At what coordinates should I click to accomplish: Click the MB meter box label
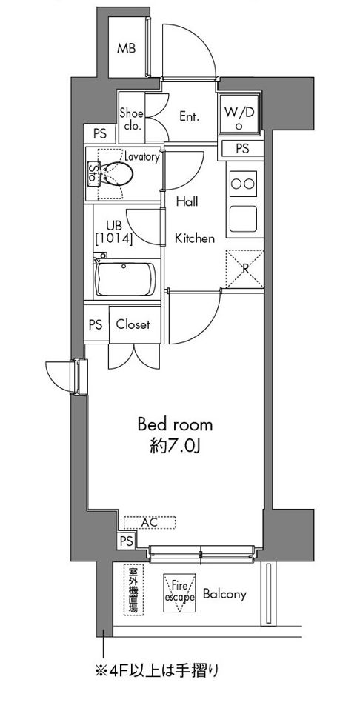126,49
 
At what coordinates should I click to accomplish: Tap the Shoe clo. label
132,120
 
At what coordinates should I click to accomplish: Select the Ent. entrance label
190,116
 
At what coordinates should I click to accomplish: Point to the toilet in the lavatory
116,173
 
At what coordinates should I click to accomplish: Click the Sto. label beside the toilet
93,173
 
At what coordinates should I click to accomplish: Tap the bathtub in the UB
124,279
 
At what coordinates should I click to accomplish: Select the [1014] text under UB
113,238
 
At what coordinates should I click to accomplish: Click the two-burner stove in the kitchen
243,183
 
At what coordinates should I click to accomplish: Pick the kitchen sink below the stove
243,218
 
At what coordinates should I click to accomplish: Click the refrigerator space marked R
244,268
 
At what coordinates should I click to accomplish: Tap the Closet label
133,324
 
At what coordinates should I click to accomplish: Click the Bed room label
175,425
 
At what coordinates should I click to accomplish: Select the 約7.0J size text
175,447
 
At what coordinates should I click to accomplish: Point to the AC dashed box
150,522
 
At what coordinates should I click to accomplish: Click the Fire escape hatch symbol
179,593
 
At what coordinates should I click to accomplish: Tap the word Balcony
224,594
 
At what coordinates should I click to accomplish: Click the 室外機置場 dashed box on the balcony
134,590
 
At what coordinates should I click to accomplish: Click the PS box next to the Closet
96,324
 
